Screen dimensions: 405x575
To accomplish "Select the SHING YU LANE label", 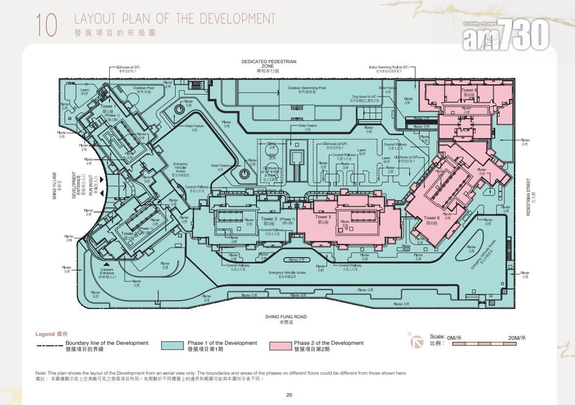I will click(x=55, y=185).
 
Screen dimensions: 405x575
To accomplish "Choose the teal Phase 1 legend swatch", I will click(x=172, y=346).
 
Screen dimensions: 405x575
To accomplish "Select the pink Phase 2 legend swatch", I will click(x=279, y=346).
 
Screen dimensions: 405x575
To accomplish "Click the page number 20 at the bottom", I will click(x=289, y=395).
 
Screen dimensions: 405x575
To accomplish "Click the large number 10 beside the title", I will click(x=46, y=25).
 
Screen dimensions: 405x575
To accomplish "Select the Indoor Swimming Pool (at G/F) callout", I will click(x=389, y=68).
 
